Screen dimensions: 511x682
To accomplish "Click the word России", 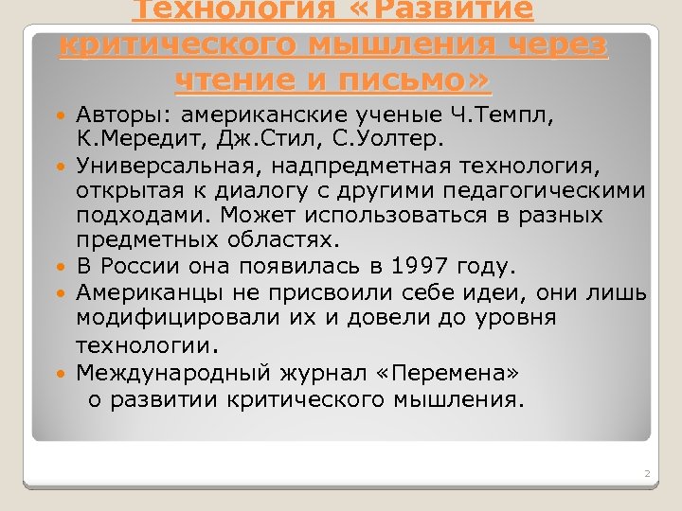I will coord(138,266).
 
